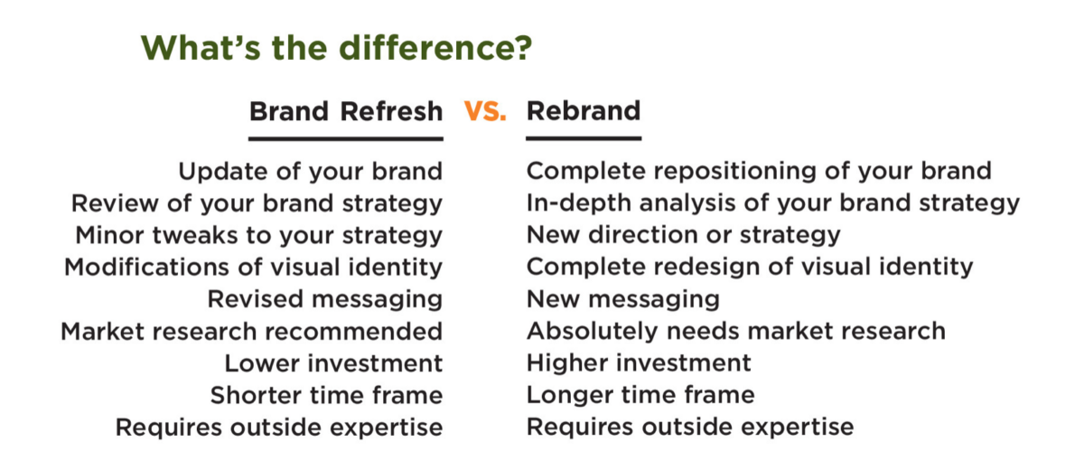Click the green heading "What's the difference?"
(x=336, y=49)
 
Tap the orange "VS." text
(x=485, y=111)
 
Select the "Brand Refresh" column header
(x=346, y=111)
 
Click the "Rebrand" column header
(x=584, y=110)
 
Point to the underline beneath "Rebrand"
(x=584, y=138)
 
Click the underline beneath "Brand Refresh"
(x=346, y=139)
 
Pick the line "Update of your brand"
(x=311, y=172)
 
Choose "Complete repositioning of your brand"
(x=759, y=171)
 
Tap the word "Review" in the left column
(x=115, y=203)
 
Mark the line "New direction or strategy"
(x=683, y=235)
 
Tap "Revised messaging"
(x=325, y=299)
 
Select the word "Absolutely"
(x=593, y=331)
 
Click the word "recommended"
(x=354, y=332)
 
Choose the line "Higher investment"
(x=639, y=363)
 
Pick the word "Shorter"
(x=257, y=395)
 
